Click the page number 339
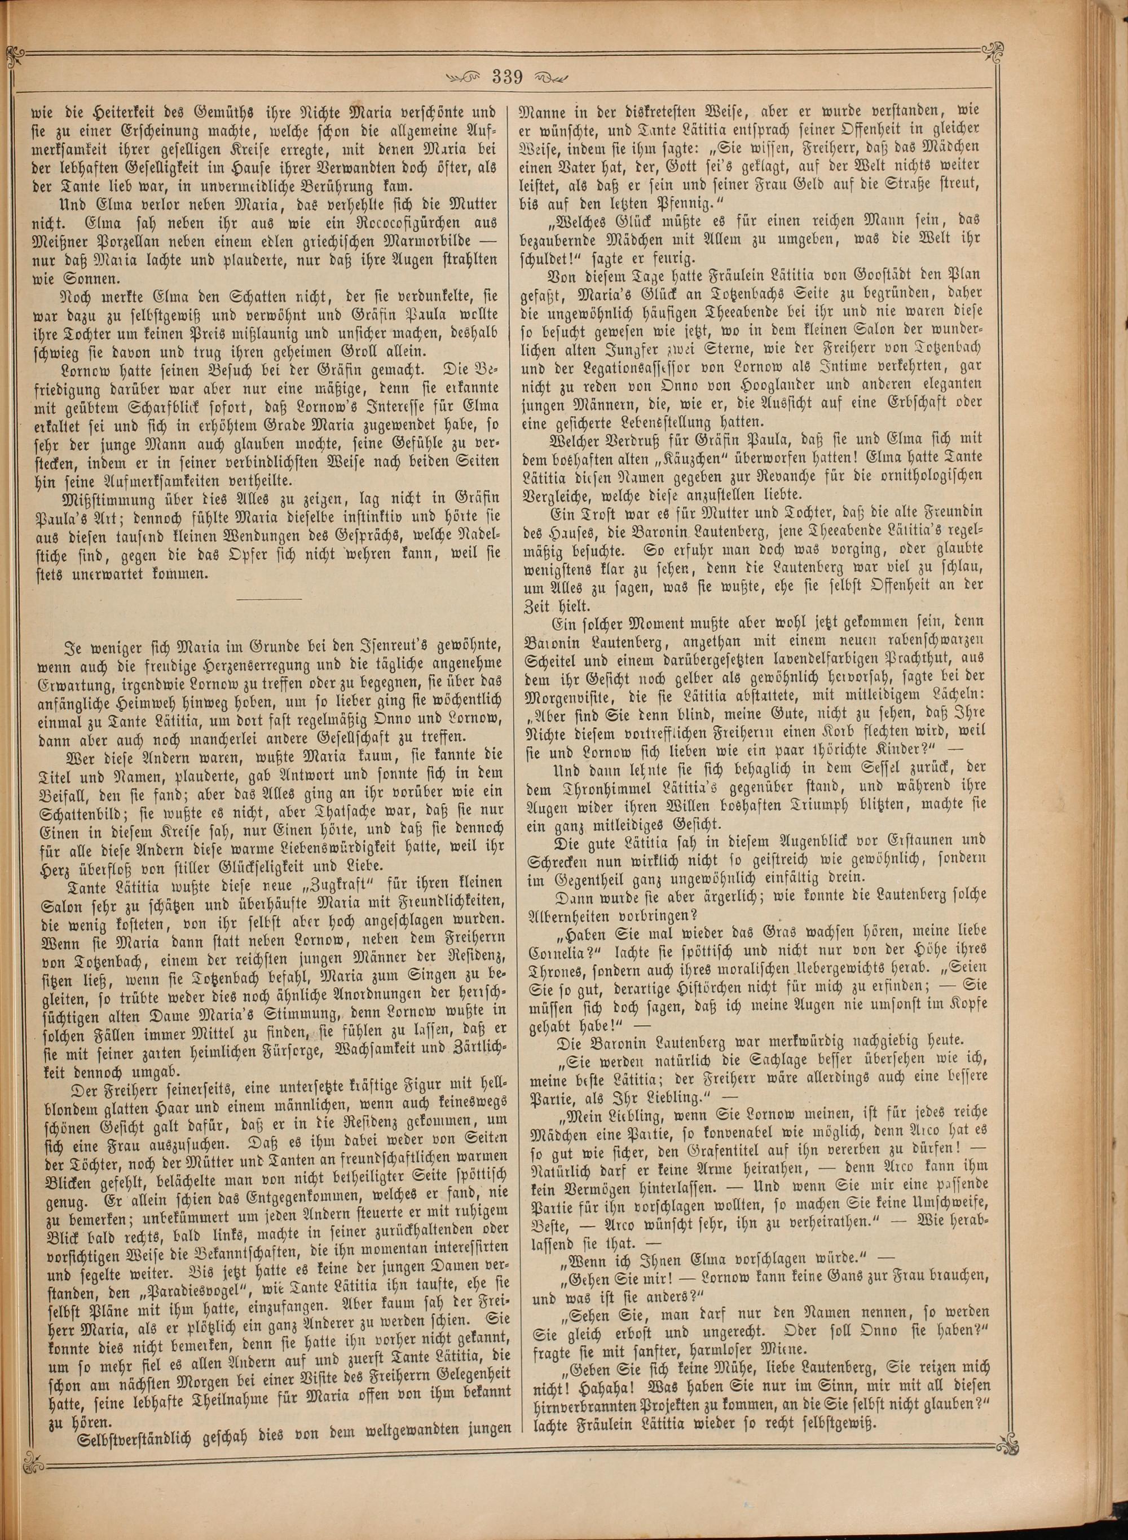click(x=506, y=78)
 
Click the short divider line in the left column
click(x=268, y=599)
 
